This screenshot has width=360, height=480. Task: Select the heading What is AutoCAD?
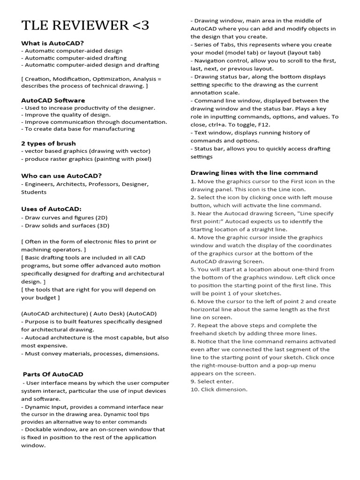pyautogui.click(x=52, y=43)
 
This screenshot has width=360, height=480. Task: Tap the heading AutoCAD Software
pyautogui.click(x=53, y=100)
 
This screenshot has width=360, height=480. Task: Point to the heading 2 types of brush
pyautogui.click(x=48, y=143)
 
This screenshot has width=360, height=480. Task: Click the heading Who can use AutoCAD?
pyautogui.click(x=61, y=175)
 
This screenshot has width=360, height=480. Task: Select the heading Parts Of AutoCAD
pyautogui.click(x=53, y=374)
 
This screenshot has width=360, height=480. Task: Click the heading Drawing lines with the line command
pyautogui.click(x=254, y=172)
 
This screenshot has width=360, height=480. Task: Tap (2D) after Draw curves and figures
pyautogui.click(x=101, y=217)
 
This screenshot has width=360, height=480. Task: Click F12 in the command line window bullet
pyautogui.click(x=270, y=125)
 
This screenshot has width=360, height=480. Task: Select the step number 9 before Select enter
pyautogui.click(x=193, y=382)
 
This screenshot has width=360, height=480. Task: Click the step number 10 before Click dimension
pyautogui.click(x=195, y=390)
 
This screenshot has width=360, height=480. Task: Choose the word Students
pyautogui.click(x=34, y=192)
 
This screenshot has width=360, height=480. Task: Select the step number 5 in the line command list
pyautogui.click(x=193, y=270)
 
